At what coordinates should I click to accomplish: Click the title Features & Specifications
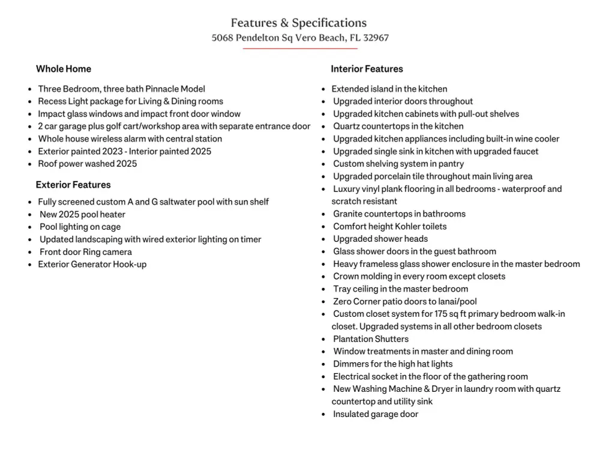pos(299,23)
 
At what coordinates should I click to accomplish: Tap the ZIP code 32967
pos(376,38)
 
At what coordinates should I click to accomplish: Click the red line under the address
pos(300,49)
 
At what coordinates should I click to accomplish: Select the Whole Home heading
pos(64,69)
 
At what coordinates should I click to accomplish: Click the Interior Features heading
pos(367,69)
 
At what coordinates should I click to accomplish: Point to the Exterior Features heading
pos(73,185)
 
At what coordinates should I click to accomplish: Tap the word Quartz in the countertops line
pos(347,127)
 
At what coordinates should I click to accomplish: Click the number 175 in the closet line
pos(444,314)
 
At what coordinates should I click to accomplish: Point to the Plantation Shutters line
pos(371,339)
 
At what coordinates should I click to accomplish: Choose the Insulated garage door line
pos(376,414)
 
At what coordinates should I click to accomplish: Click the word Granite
pos(349,214)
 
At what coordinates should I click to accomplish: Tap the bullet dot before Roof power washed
pos(30,164)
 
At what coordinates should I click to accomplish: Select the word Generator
pos(91,265)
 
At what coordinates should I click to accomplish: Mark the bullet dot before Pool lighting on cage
pos(30,227)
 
